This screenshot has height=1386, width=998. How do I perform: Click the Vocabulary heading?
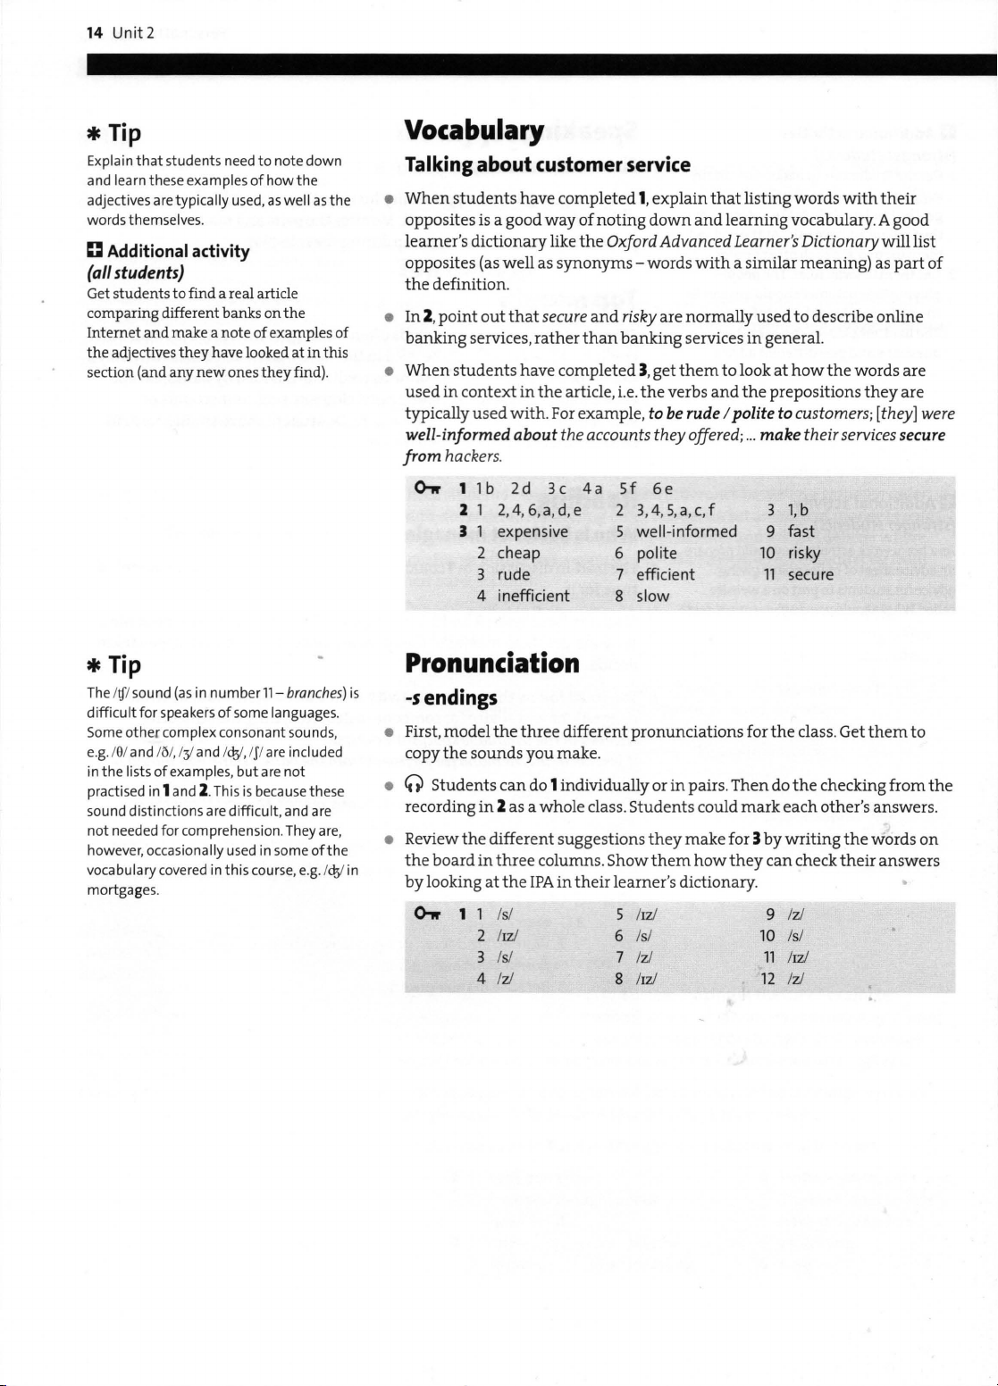click(x=474, y=132)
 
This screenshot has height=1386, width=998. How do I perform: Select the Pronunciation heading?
click(x=492, y=664)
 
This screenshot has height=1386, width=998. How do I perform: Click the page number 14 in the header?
click(x=94, y=33)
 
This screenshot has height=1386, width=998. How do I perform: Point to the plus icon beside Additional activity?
click(x=94, y=251)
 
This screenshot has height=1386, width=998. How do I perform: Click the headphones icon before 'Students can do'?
click(x=414, y=786)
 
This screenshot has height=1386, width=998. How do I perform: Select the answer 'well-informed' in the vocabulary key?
click(x=686, y=531)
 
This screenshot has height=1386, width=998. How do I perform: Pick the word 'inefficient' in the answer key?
click(x=533, y=596)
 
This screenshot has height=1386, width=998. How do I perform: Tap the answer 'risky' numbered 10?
click(x=804, y=553)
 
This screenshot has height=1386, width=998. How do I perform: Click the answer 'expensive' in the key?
click(x=533, y=531)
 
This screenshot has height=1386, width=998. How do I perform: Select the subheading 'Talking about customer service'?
click(x=548, y=165)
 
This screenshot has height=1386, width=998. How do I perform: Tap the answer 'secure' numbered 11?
click(x=810, y=574)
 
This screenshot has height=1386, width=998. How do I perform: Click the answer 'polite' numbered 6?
click(x=657, y=553)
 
